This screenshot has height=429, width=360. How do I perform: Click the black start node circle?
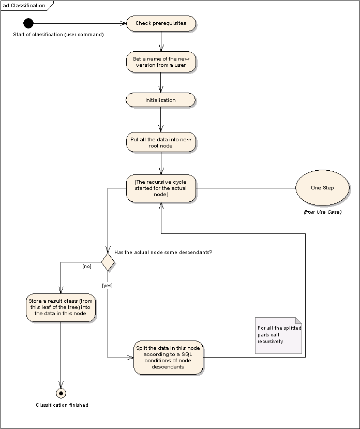click(x=28, y=23)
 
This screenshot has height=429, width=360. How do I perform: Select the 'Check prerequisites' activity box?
click(x=161, y=23)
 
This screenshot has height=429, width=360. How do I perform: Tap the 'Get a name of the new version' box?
click(x=161, y=62)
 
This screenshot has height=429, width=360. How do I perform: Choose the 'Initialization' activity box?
click(x=160, y=100)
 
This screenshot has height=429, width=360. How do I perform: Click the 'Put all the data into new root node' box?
click(x=161, y=142)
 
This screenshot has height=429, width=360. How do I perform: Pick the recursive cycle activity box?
click(x=161, y=188)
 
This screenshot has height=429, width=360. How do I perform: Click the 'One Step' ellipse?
click(x=322, y=188)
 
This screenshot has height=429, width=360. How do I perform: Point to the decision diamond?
click(x=108, y=262)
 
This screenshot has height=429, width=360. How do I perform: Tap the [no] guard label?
click(x=87, y=267)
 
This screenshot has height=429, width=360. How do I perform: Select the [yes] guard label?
click(x=107, y=286)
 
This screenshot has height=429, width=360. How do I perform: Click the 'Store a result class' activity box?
click(x=61, y=307)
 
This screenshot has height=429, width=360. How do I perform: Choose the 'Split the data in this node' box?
click(x=168, y=357)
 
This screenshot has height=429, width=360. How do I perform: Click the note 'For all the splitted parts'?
click(x=278, y=335)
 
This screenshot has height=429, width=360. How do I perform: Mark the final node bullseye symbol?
click(x=61, y=393)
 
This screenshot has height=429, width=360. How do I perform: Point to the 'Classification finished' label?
click(x=62, y=405)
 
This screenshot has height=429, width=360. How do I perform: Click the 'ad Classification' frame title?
click(x=24, y=6)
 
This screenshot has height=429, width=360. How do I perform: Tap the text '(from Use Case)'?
click(x=323, y=212)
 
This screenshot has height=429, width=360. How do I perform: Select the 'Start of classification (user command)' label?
click(x=58, y=35)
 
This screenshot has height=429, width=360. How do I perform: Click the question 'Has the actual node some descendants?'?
click(x=163, y=252)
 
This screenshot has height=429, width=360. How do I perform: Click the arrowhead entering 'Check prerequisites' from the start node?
click(x=123, y=23)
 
